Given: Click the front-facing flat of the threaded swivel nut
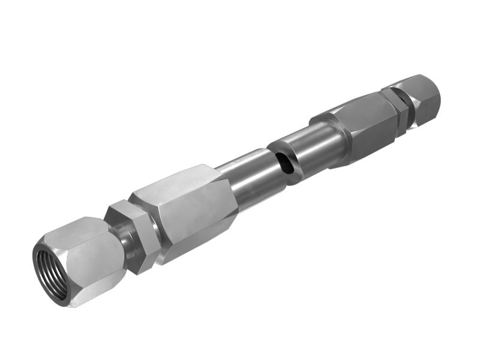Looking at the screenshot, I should pyautogui.click(x=96, y=264).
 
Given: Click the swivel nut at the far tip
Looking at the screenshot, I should pyautogui.click(x=422, y=99).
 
